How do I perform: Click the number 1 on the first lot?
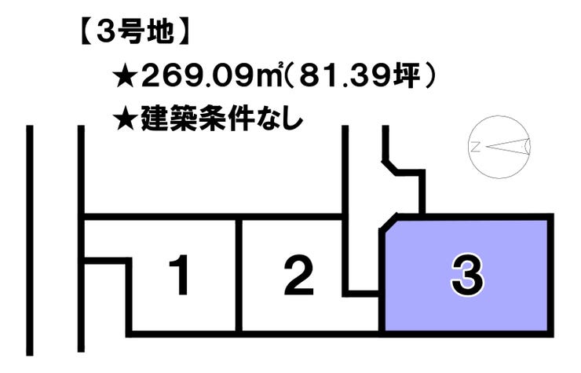click(x=180, y=276)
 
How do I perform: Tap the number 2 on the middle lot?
click(x=298, y=276)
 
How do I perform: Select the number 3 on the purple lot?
click(x=467, y=276)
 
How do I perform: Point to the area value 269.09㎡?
click(x=211, y=75)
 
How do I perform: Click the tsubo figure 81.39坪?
click(x=358, y=75)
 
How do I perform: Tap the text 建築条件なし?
click(x=221, y=119)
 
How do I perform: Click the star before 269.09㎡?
click(x=126, y=77)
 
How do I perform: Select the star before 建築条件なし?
click(x=126, y=119)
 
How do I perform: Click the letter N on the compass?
click(x=475, y=148)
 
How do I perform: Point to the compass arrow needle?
click(x=508, y=147)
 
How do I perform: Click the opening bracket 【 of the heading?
click(x=86, y=33)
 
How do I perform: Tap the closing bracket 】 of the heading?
click(x=183, y=33)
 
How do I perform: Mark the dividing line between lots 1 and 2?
click(x=239, y=276)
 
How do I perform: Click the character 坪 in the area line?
click(x=407, y=76)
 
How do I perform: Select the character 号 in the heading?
click(x=134, y=32)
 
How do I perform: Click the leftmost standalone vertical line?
click(x=30, y=240)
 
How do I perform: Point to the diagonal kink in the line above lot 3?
click(x=390, y=166)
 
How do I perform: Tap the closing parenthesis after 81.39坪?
click(x=429, y=76)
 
